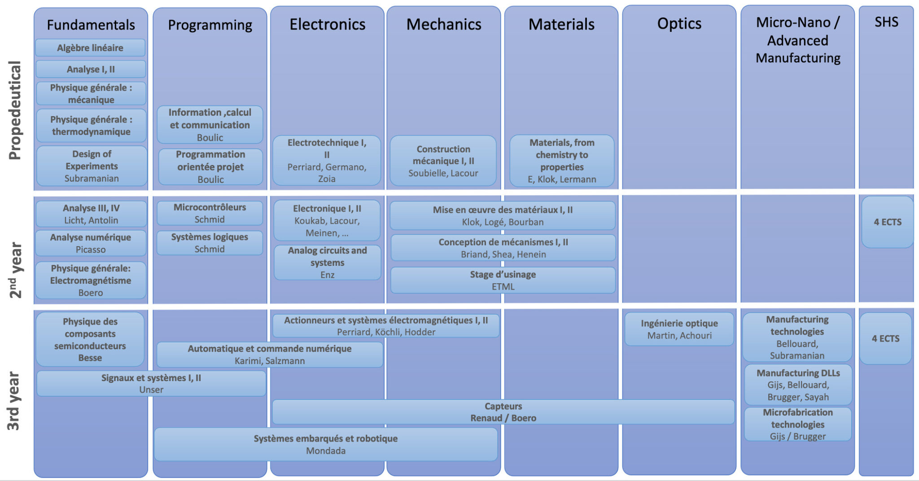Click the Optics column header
[679, 23]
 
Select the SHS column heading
[886, 22]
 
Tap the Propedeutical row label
[15, 110]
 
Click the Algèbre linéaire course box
[90, 48]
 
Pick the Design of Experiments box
[92, 166]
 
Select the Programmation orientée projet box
[210, 167]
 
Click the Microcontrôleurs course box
[210, 213]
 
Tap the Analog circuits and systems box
[327, 262]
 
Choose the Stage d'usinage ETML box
[503, 280]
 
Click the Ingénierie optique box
[679, 329]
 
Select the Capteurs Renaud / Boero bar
[503, 412]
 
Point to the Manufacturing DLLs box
[798, 385]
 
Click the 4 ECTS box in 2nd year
[887, 222]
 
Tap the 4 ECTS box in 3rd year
[885, 338]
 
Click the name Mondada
[326, 451]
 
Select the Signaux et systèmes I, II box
[151, 383]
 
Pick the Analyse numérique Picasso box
[91, 243]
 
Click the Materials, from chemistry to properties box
[562, 160]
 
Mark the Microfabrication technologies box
[797, 424]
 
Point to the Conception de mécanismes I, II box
[503, 248]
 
